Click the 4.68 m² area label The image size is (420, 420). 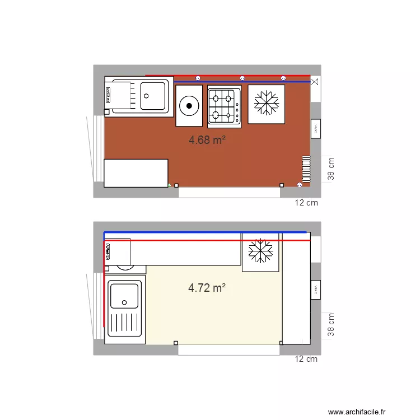(x=207, y=140)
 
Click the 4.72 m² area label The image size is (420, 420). (x=207, y=288)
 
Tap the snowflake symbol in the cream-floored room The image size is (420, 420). (x=260, y=251)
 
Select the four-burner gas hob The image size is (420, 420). (x=224, y=105)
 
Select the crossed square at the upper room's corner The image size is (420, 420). (x=315, y=82)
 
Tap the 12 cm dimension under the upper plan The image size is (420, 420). (x=306, y=203)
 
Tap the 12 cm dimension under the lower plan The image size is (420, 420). (x=306, y=358)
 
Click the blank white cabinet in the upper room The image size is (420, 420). (x=136, y=173)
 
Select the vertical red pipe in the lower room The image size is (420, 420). (x=104, y=291)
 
